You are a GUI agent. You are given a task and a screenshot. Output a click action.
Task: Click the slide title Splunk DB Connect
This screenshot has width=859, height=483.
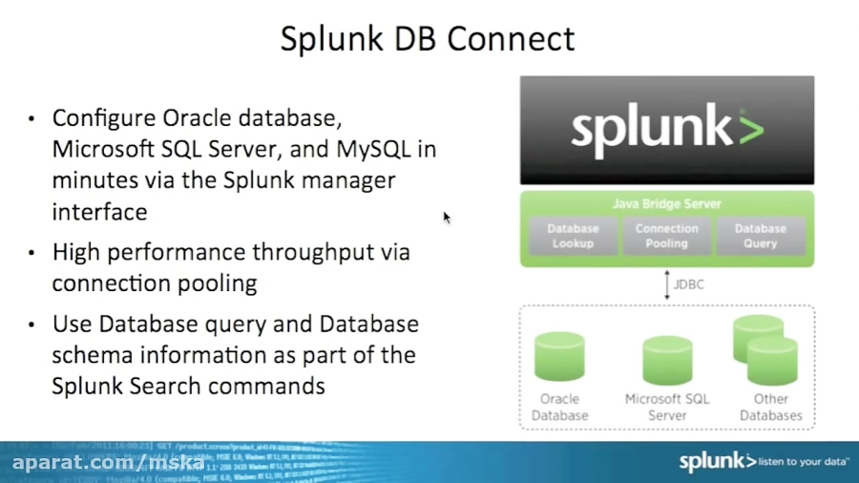coord(428,39)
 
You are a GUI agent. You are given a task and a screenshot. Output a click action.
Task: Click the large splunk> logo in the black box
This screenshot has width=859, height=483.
coord(667,131)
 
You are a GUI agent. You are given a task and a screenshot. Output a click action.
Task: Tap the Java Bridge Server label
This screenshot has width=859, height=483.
coord(666,204)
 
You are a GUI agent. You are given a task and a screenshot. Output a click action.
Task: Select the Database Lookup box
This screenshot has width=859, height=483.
coord(573,236)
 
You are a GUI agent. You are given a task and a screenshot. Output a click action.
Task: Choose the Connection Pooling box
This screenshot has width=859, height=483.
coord(666,236)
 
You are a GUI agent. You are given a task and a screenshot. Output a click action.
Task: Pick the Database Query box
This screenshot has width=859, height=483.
coord(760,236)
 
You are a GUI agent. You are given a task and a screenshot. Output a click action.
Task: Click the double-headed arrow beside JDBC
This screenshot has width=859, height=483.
coord(667,284)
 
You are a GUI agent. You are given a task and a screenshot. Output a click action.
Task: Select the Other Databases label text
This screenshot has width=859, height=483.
coord(770,408)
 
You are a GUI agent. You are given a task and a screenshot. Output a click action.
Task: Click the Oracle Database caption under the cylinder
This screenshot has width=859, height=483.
coord(559,408)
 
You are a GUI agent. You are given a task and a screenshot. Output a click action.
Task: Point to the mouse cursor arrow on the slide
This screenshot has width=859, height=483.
coord(447,218)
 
